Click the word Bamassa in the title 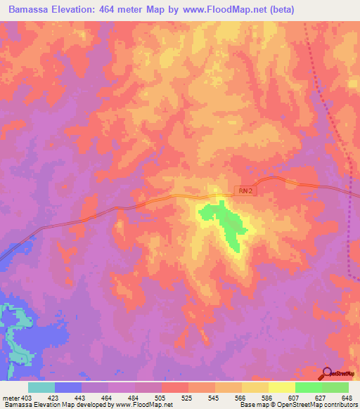[27, 10]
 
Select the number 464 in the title [115, 10]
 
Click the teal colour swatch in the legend [41, 387]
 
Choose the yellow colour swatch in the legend [281, 387]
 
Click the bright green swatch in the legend [308, 387]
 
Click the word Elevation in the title [77, 10]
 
